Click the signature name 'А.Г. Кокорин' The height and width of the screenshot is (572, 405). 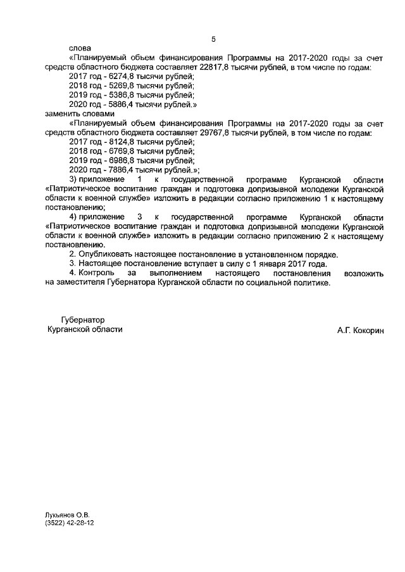(361, 331)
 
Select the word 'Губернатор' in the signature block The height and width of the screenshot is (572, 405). (82, 320)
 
